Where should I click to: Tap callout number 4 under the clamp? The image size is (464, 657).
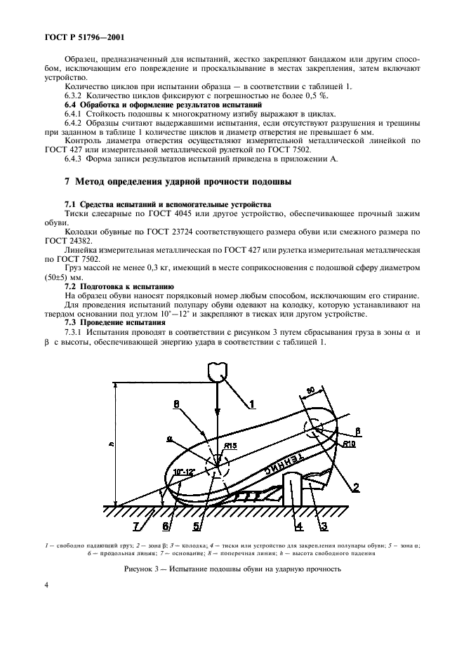pos(298,525)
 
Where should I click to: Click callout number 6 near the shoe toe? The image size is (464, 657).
pos(166,525)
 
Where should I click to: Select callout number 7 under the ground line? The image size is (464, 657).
pos(137,525)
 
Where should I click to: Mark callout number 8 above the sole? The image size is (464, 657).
pos(176,404)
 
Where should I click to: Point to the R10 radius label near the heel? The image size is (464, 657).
pos(349,444)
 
